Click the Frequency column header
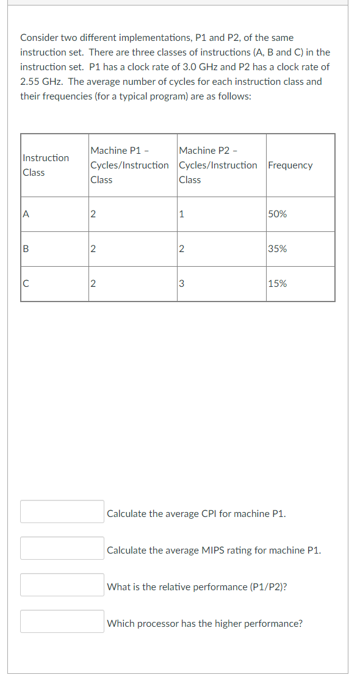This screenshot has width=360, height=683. [290, 165]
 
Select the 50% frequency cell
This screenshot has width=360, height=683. [278, 214]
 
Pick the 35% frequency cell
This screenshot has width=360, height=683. [278, 249]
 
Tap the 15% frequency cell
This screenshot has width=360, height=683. [278, 284]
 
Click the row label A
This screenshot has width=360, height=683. [26, 214]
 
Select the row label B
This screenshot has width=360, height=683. [26, 249]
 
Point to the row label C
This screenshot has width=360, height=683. [26, 284]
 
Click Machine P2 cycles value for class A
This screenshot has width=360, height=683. [182, 214]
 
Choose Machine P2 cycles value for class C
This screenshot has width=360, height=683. [182, 284]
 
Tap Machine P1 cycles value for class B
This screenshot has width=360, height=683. [93, 249]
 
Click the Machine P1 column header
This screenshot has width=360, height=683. [129, 165]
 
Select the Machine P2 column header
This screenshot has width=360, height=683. [218, 165]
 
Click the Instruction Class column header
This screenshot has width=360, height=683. [46, 165]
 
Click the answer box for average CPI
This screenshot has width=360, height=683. [62, 511]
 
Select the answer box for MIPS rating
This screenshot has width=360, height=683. [62, 548]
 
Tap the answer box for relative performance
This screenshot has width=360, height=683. [62, 585]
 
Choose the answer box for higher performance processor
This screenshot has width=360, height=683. [62, 621]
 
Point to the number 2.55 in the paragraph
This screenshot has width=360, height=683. [30, 82]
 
